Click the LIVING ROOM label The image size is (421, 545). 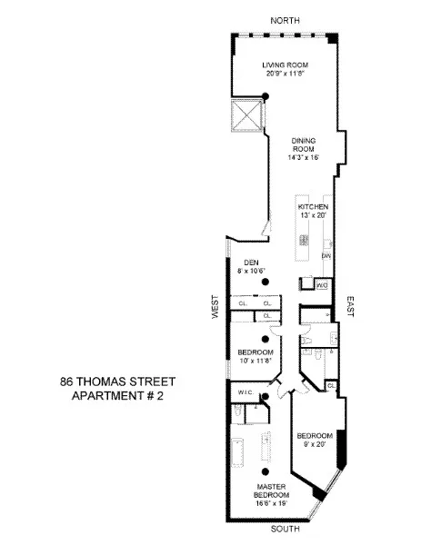coord(281,64)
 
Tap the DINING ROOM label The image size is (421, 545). coord(305,144)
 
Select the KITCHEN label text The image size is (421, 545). coord(312,207)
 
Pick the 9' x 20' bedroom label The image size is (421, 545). coord(316,437)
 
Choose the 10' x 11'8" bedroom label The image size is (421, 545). coord(256,352)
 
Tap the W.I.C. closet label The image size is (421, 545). coord(245,393)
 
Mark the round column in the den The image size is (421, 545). coord(266,282)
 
